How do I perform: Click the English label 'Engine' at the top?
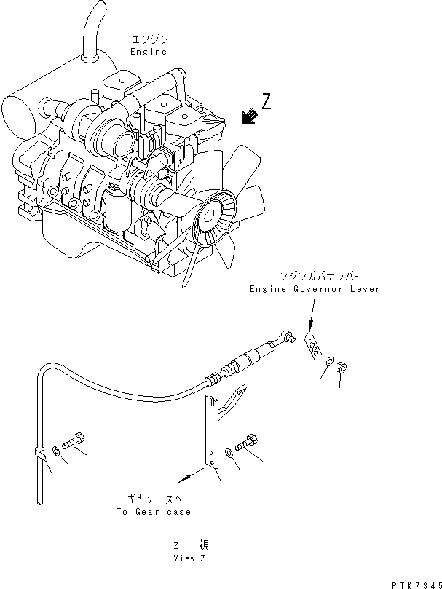coord(149,52)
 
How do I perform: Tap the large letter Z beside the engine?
coord(267,102)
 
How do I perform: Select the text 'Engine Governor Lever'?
coord(315,289)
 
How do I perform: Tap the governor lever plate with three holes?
coord(312,344)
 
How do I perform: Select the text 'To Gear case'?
coord(153,511)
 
